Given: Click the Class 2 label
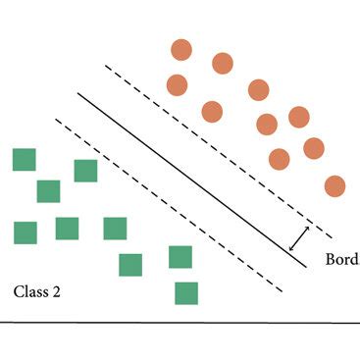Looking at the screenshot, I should pyautogui.click(x=37, y=291).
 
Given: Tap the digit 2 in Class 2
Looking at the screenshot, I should pyautogui.click(x=58, y=291).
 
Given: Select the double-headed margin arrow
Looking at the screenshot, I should pyautogui.click(x=299, y=238).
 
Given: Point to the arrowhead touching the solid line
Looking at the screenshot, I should pyautogui.click(x=291, y=248).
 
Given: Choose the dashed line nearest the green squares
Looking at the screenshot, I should pyautogui.click(x=167, y=206).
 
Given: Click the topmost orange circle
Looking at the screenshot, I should pyautogui.click(x=181, y=50).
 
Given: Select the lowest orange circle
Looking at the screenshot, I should pyautogui.click(x=334, y=185).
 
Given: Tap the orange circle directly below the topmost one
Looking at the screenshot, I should pyautogui.click(x=177, y=84).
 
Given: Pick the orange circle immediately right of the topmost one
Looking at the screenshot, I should pyautogui.click(x=223, y=64).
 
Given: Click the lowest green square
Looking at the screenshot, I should pyautogui.click(x=186, y=292).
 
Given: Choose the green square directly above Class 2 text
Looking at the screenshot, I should pyautogui.click(x=26, y=232).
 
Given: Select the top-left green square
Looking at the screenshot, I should pyautogui.click(x=25, y=160).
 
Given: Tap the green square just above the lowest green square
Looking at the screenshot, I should pyautogui.click(x=180, y=257).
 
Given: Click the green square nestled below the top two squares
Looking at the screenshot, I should pyautogui.click(x=48, y=190).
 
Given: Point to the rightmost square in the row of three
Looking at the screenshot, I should pyautogui.click(x=116, y=229).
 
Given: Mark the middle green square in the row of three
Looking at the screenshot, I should pyautogui.click(x=67, y=229).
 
